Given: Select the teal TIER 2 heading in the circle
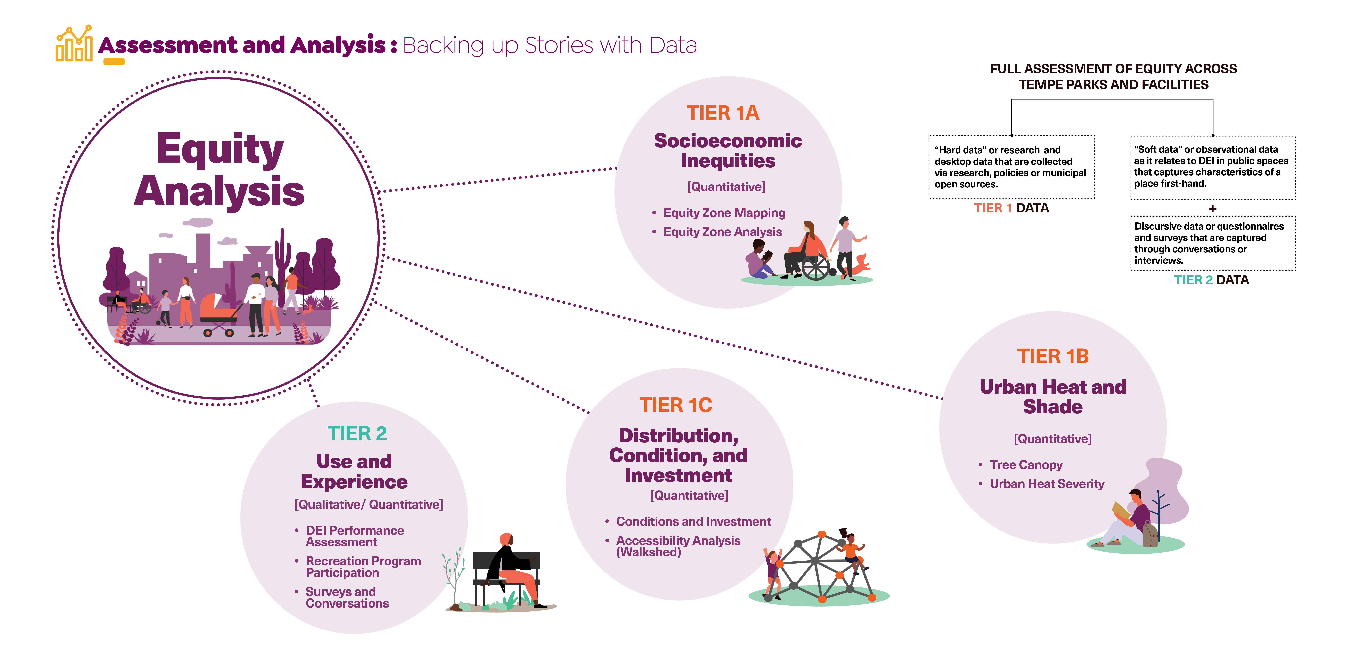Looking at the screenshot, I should pyautogui.click(x=357, y=433).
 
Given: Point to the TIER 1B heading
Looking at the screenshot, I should pyautogui.click(x=1053, y=356).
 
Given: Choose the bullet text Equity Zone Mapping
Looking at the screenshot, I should pyautogui.click(x=724, y=213).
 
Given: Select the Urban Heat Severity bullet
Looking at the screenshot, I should pyautogui.click(x=1047, y=484).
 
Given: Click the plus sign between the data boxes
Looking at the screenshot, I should pyautogui.click(x=1212, y=209).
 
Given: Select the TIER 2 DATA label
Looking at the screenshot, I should pyautogui.click(x=1211, y=280).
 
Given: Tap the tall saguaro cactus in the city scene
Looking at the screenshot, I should pyautogui.click(x=283, y=256).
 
